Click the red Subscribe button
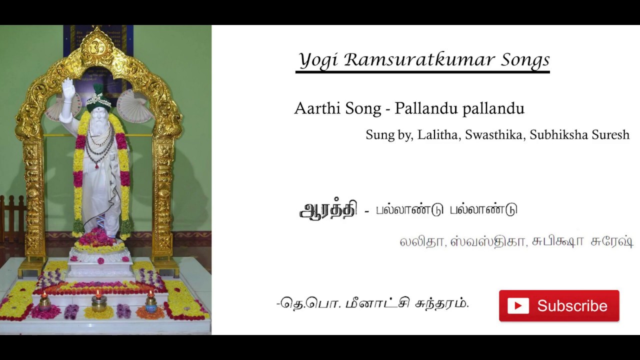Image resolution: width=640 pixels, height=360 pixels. [x=558, y=305]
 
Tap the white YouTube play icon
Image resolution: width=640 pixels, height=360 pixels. [x=518, y=306]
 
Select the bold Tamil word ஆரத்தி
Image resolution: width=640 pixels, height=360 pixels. [x=328, y=210]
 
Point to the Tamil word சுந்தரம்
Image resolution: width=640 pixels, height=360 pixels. [x=442, y=303]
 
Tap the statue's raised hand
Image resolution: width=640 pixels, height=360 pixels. [x=67, y=89]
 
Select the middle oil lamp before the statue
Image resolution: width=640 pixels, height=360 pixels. [x=98, y=301]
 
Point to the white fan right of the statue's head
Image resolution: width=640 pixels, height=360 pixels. [x=134, y=105]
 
